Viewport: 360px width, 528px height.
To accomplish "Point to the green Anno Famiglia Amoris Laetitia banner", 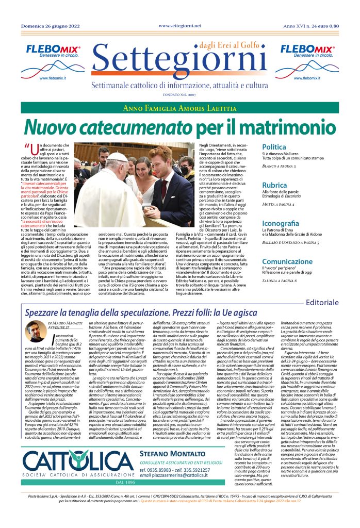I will pyautogui.click(x=179, y=108).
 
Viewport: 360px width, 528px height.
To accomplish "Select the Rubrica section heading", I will pyautogui.click(x=290, y=185).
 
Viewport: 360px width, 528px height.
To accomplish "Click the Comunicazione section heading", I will pyautogui.click(x=302, y=261).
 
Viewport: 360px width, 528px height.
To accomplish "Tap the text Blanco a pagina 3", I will pyautogui.click(x=293, y=167).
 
